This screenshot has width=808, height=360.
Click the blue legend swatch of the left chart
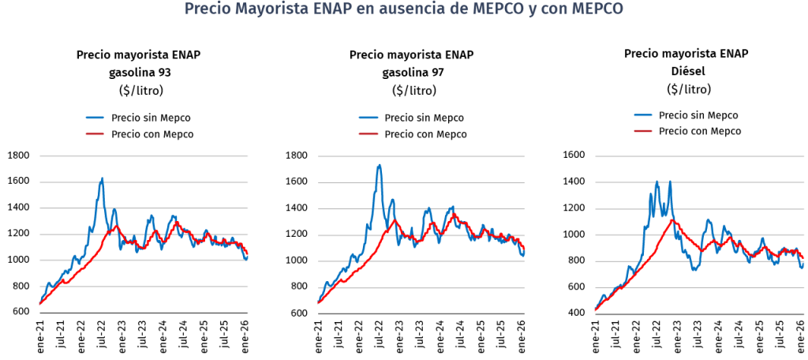(95, 118)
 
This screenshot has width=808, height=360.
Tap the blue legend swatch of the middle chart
(368, 118)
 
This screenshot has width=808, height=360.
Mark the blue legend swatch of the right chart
(643, 114)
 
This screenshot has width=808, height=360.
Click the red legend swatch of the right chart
(643, 130)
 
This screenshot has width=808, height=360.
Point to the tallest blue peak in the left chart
(102, 178)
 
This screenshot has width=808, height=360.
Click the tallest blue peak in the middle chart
(380, 165)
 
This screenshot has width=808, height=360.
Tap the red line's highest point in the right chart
(673, 219)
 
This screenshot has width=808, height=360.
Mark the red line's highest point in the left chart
(117, 226)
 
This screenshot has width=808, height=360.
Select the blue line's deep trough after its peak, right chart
(694, 269)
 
